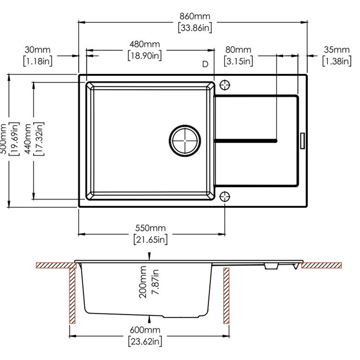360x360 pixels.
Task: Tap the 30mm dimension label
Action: tap(37, 50)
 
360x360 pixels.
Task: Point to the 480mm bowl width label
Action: tap(144, 45)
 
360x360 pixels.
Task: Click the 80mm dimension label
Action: tap(239, 50)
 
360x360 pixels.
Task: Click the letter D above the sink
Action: tap(205, 64)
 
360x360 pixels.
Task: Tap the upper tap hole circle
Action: tap(225, 85)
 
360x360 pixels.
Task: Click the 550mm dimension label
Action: tap(150, 228)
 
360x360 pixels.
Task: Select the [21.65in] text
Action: tap(150, 239)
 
